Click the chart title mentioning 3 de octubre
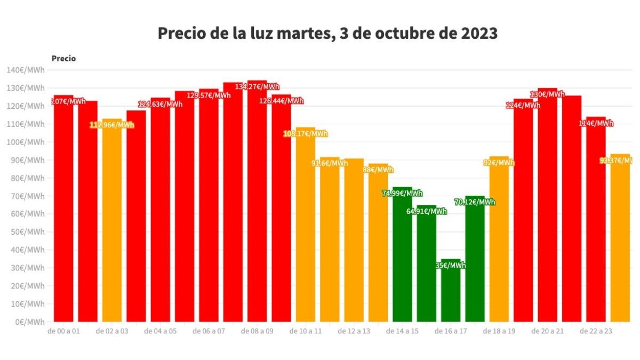(327, 33)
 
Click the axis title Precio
(63, 59)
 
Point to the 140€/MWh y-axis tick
(25, 70)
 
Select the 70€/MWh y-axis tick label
(26, 196)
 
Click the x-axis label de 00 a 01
(63, 331)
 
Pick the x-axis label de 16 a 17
(451, 331)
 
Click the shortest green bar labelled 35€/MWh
(451, 293)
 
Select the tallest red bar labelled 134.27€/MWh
(257, 203)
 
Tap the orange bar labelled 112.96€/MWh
(112, 224)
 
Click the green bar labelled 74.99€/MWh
(402, 256)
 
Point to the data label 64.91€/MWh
(426, 211)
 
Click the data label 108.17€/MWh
(306, 134)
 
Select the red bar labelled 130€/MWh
(547, 208)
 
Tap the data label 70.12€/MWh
(475, 202)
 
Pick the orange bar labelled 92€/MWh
(499, 240)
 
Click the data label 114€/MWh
(596, 123)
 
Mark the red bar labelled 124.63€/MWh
(161, 213)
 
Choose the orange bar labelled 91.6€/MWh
(330, 240)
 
